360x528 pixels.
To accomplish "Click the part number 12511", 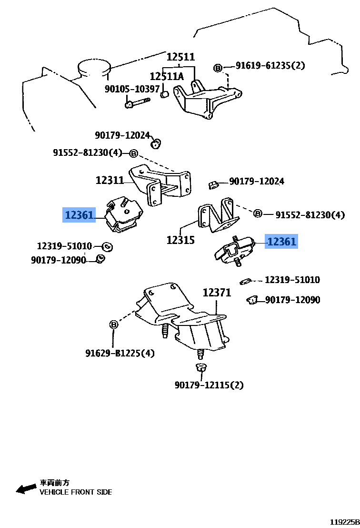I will [180, 57].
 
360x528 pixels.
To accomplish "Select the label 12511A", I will [166, 76].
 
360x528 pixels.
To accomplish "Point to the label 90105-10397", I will [132, 89].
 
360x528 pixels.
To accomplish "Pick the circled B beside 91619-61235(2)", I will [218, 68].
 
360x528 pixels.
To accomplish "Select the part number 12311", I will [110, 180].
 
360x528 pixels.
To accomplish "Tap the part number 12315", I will [180, 240].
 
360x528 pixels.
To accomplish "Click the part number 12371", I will [217, 293].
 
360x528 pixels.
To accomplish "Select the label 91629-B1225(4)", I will [120, 354].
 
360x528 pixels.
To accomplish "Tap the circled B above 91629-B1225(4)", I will [114, 325].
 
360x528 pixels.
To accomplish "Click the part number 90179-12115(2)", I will [209, 385].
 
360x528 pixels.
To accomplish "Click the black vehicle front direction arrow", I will [26, 488].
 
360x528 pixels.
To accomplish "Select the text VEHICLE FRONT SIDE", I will [76, 492].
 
